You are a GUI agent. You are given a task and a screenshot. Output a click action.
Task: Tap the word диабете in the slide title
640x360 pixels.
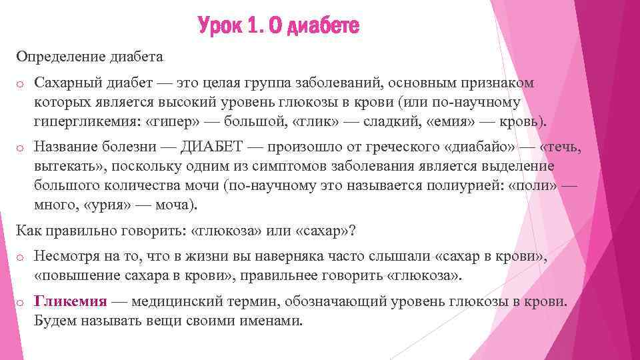325,27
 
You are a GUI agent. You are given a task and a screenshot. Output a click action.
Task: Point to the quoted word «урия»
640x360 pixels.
109,204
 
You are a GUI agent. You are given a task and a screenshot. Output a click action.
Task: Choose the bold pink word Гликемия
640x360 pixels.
70,301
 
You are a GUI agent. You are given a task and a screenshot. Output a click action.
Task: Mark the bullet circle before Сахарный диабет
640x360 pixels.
20,83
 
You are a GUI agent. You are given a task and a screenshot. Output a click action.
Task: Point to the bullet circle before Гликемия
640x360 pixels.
20,302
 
